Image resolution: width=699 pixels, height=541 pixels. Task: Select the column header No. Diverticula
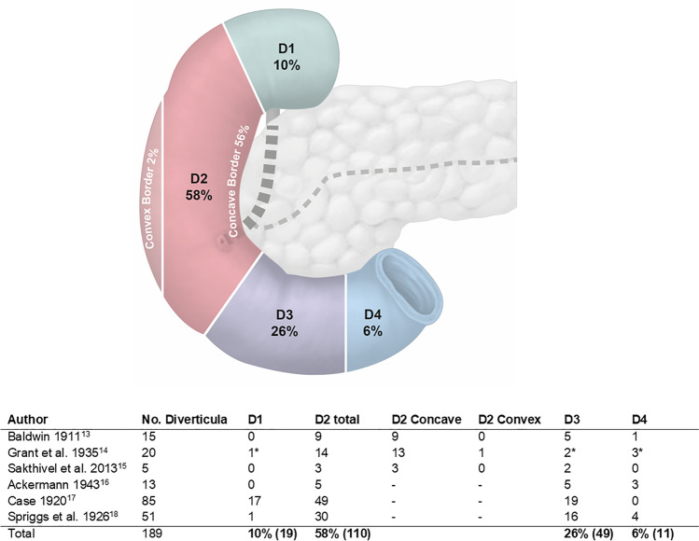click(183, 420)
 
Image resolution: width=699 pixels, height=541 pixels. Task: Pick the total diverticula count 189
click(149, 536)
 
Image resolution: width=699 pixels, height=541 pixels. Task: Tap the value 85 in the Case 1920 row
click(147, 504)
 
